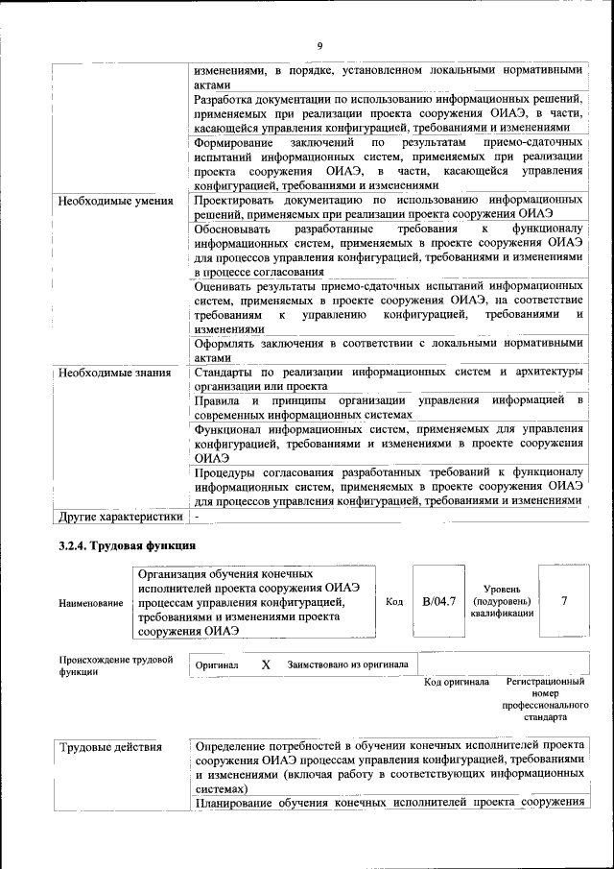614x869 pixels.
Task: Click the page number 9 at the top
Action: tap(319, 46)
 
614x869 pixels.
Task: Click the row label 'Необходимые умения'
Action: tap(115, 202)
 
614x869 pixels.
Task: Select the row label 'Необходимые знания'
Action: tap(114, 373)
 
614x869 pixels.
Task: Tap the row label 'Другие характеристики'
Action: tap(120, 517)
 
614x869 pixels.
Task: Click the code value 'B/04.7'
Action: tap(438, 602)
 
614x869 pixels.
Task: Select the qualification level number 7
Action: tap(564, 601)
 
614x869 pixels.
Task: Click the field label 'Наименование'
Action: tap(91, 603)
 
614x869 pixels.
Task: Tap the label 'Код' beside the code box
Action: tap(393, 602)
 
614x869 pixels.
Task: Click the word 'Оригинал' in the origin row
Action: tap(217, 664)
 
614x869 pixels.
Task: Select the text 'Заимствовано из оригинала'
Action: tap(347, 664)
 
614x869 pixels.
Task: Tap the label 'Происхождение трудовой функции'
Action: tap(115, 665)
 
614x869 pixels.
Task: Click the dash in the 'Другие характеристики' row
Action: tap(195, 517)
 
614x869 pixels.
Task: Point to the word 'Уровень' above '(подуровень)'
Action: tap(500, 588)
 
